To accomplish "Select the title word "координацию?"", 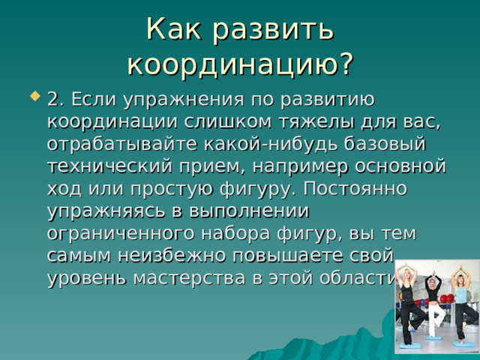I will click(239, 64).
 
